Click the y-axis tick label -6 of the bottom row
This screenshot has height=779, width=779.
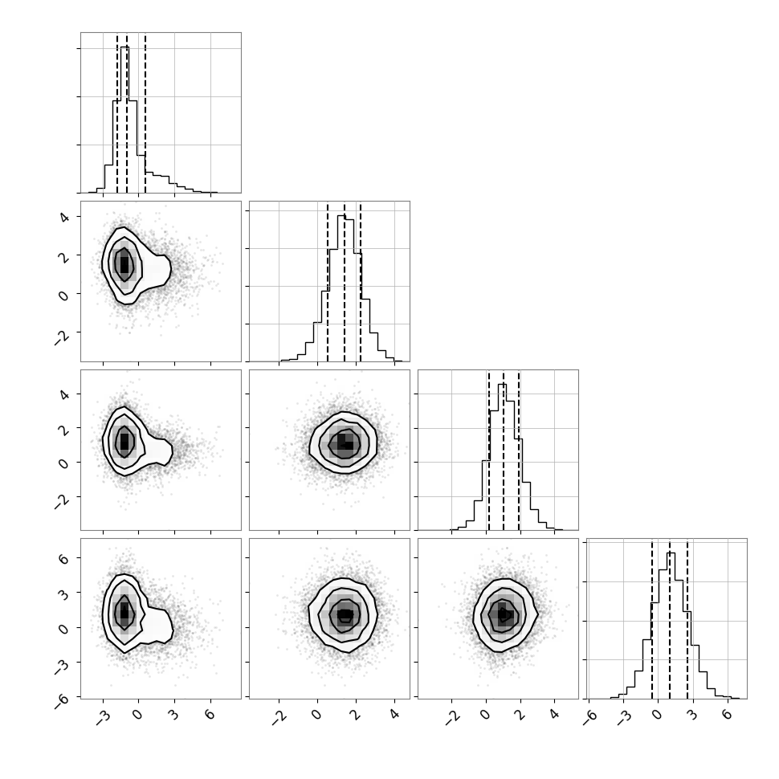pos(62,700)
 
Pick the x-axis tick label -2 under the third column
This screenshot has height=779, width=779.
pos(453,717)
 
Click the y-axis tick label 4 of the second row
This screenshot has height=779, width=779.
pos(64,217)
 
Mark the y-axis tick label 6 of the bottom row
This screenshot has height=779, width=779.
pos(64,558)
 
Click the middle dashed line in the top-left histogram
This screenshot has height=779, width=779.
pos(127,113)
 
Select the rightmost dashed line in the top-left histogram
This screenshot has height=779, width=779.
pos(145,113)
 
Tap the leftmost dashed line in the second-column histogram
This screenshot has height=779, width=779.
pos(328,282)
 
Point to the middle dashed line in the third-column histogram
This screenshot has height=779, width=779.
pos(504,450)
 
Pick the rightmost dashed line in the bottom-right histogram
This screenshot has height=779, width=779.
pos(687,619)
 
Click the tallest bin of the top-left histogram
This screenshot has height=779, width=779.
pos(124,120)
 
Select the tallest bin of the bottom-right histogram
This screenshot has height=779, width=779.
pos(671,626)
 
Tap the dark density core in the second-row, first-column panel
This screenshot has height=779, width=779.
pos(124,264)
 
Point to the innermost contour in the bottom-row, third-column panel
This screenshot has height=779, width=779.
pos(504,614)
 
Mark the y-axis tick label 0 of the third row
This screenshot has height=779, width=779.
pos(64,463)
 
